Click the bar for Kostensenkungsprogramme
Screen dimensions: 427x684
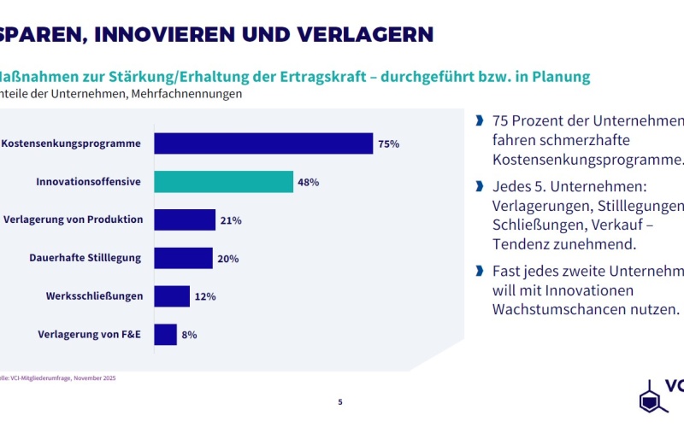point(263,143)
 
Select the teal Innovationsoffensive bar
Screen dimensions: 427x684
point(223,182)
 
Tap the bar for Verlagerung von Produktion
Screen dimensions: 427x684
point(185,220)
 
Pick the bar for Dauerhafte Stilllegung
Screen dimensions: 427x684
point(183,258)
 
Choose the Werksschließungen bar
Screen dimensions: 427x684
point(172,296)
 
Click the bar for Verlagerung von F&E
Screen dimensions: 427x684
point(165,335)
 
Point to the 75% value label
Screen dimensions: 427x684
point(389,144)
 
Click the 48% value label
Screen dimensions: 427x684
point(309,183)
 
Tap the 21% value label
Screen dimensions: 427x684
point(231,220)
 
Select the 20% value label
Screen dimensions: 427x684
point(227,259)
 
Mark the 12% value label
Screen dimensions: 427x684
point(204,296)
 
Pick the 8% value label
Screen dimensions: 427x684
point(189,335)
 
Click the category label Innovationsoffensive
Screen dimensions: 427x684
point(89,182)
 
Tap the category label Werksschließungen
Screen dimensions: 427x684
point(95,296)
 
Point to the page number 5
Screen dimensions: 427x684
point(340,401)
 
